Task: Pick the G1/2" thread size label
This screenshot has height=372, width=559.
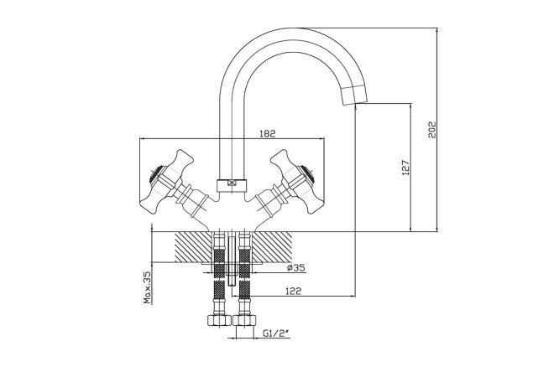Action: pyautogui.click(x=275, y=333)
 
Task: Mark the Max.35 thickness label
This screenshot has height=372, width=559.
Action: pyautogui.click(x=148, y=287)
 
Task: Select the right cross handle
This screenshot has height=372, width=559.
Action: pyautogui.click(x=295, y=178)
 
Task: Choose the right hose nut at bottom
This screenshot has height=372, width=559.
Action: pyautogui.click(x=245, y=321)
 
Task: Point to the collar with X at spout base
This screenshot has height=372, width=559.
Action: pyautogui.click(x=232, y=182)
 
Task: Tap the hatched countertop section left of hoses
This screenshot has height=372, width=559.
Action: pyautogui.click(x=192, y=249)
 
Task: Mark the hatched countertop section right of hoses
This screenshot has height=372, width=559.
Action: pyautogui.click(x=273, y=249)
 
